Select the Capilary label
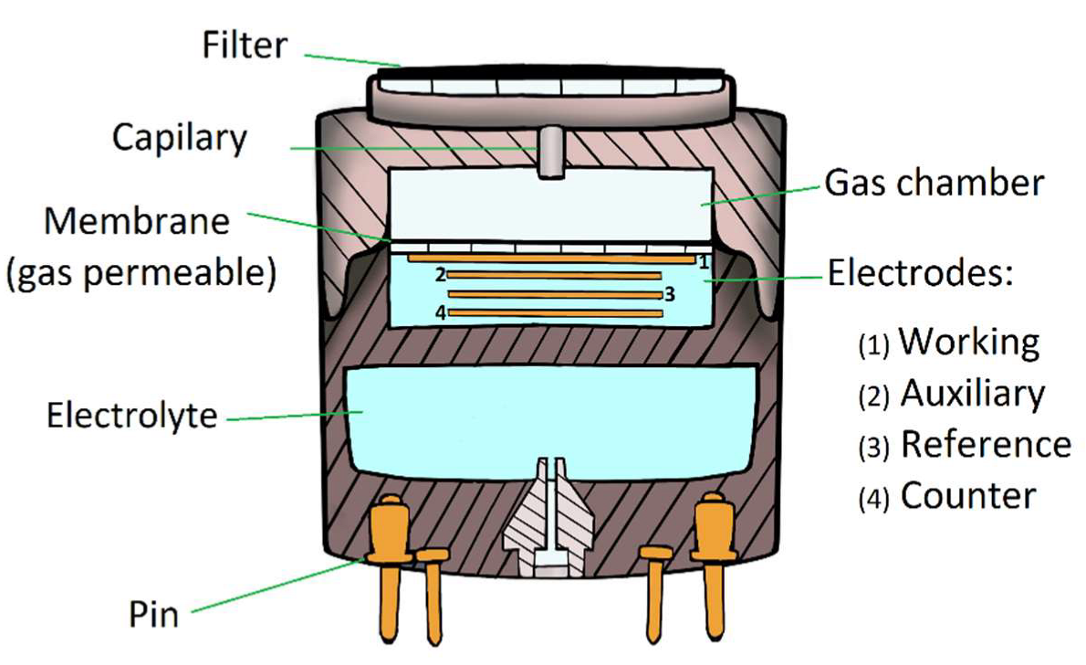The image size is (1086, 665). (x=180, y=138)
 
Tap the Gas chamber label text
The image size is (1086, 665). (x=934, y=184)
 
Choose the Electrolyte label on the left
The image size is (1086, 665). (x=132, y=417)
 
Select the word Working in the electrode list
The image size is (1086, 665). (x=969, y=342)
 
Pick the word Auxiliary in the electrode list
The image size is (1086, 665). (x=972, y=394)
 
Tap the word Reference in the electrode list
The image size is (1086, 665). (x=986, y=444)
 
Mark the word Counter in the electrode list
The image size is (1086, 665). (x=968, y=496)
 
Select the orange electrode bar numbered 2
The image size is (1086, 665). (x=553, y=275)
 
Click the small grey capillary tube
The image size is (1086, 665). (x=548, y=153)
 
